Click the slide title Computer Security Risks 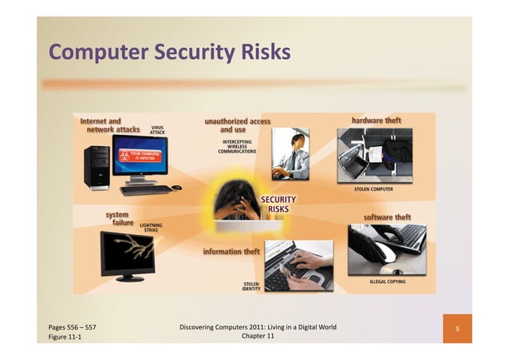point(169,53)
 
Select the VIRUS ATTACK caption point(157,129)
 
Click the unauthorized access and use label point(237,125)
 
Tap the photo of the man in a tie point(290,154)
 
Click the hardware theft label point(376,121)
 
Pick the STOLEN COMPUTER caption point(373,189)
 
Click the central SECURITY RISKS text point(278,204)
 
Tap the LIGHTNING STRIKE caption point(151,227)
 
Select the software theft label point(386,216)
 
